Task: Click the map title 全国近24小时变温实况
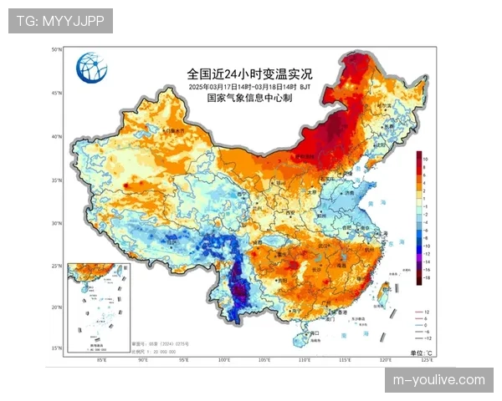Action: point(249,74)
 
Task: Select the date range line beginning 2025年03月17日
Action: point(249,86)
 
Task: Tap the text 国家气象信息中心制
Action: point(249,98)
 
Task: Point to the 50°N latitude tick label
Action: point(57,50)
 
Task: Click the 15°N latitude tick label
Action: point(57,348)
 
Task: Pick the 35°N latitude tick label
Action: point(57,180)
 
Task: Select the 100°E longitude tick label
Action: point(224,360)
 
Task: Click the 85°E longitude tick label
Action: point(102,360)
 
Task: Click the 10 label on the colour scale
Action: point(426,158)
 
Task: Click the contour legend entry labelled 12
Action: point(427,310)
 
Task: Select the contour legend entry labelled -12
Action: point(427,338)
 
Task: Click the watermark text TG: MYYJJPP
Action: point(60,21)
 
